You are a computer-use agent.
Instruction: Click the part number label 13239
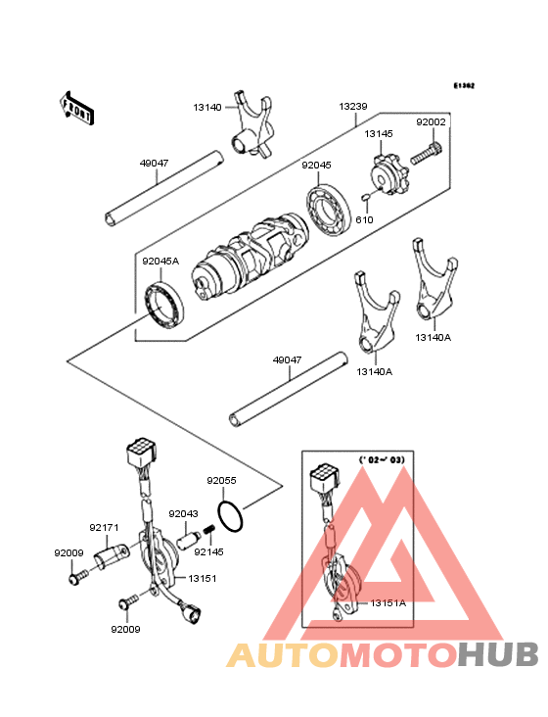[x=353, y=106]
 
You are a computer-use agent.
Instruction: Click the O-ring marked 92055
[x=230, y=512]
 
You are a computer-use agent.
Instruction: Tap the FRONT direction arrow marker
[x=77, y=107]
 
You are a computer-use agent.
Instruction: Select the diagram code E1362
[x=463, y=86]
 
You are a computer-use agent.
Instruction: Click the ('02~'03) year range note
[x=381, y=458]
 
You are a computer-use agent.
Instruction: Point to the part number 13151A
[x=388, y=603]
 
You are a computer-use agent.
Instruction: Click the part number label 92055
[x=221, y=481]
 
